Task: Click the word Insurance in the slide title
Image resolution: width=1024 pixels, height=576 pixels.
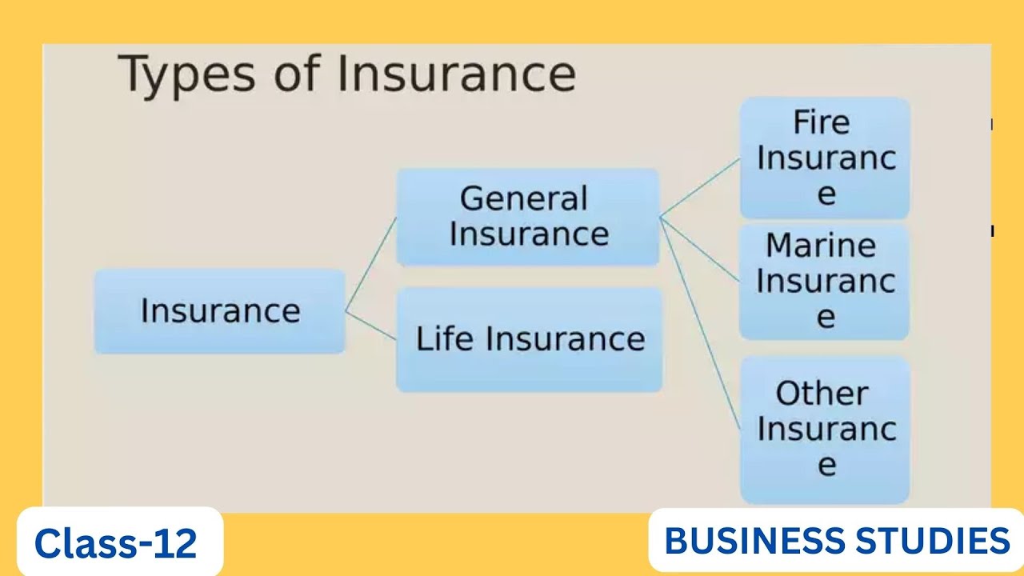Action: click(456, 74)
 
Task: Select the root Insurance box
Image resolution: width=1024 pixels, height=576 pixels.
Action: click(219, 311)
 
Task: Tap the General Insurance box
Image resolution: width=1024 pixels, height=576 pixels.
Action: click(527, 216)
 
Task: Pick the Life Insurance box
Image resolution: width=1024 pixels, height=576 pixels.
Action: click(529, 339)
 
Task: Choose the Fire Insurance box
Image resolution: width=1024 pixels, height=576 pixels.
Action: click(824, 158)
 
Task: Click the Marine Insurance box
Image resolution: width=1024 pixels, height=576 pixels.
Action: click(824, 281)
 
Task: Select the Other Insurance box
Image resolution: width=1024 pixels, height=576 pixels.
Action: click(824, 430)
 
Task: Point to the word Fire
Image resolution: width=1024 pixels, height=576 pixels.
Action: click(821, 123)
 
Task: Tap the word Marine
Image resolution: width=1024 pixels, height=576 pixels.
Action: click(821, 246)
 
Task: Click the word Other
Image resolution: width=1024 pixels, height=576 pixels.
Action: click(822, 394)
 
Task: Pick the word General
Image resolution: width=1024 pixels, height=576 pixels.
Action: click(524, 198)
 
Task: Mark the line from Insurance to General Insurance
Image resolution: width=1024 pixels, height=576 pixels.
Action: click(370, 264)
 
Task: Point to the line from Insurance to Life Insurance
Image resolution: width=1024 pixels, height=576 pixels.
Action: click(370, 325)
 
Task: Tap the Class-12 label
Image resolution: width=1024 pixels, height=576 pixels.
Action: click(116, 543)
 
